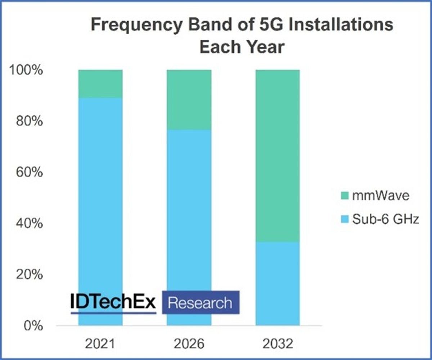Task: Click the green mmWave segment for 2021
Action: [100, 84]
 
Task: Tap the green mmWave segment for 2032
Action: [277, 155]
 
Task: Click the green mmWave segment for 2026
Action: [189, 99]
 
